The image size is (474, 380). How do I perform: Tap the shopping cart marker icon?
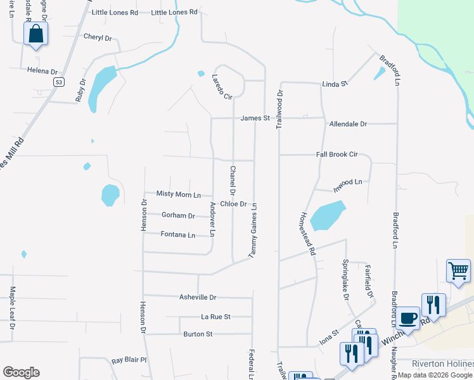pyautogui.click(x=458, y=271)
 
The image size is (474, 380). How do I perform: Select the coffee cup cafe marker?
pyautogui.click(x=408, y=317)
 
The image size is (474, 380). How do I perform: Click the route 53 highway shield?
pyautogui.click(x=59, y=82)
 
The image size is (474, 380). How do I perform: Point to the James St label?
pyautogui.click(x=255, y=118)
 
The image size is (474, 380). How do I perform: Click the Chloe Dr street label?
pyautogui.click(x=233, y=204)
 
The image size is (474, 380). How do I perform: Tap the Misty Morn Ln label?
pyautogui.click(x=179, y=194)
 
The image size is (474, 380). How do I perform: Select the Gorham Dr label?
pyautogui.click(x=178, y=215)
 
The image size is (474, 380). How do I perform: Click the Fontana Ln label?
pyautogui.click(x=178, y=235)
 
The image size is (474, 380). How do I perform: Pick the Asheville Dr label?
pyautogui.click(x=198, y=297)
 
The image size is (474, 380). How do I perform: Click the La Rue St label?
pyautogui.click(x=215, y=316)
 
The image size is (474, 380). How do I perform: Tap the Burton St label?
pyautogui.click(x=198, y=334)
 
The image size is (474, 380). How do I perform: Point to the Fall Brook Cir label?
pyautogui.click(x=337, y=155)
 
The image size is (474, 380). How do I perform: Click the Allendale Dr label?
pyautogui.click(x=348, y=124)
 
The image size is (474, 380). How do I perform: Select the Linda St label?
pyautogui.click(x=335, y=84)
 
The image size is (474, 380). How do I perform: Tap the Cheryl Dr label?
pyautogui.click(x=98, y=37)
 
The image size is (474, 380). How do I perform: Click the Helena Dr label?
pyautogui.click(x=42, y=72)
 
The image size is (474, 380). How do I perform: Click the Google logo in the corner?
pyautogui.click(x=21, y=372)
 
